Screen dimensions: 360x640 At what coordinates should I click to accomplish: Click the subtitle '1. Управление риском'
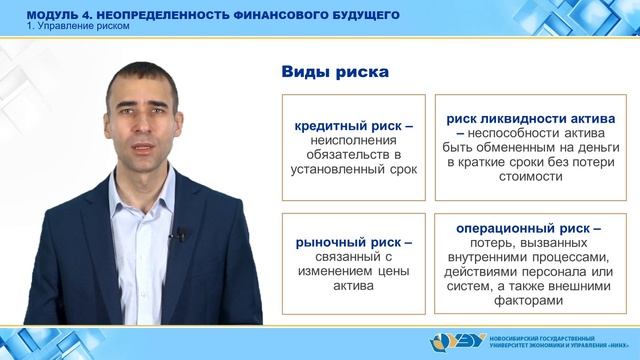pos(72,26)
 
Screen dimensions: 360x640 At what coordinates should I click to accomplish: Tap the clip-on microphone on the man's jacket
pos(182,235)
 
